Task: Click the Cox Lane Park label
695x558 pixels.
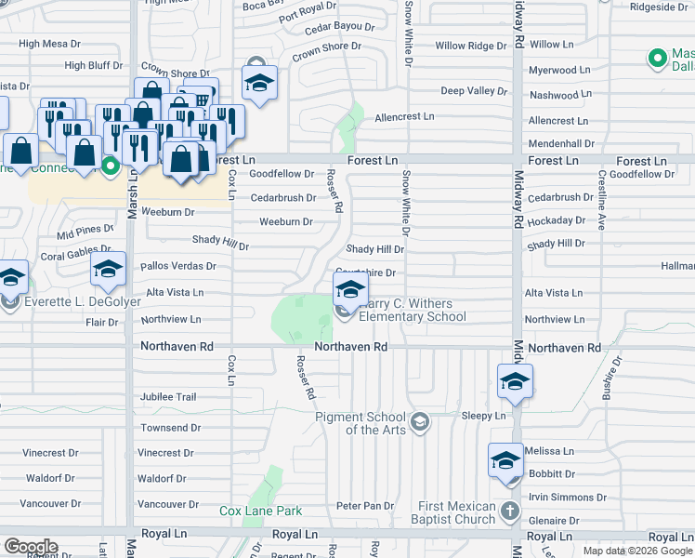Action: point(261,511)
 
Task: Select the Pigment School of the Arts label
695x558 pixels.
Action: point(362,423)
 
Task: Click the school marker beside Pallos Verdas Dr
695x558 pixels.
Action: point(109,270)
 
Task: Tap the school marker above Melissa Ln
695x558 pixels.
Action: point(505,460)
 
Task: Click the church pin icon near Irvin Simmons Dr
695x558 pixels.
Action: point(509,511)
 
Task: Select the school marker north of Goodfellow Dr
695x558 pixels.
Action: point(260,82)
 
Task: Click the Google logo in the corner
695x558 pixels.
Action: point(31,547)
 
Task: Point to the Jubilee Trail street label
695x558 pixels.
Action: point(168,397)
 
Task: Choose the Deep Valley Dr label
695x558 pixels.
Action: point(474,91)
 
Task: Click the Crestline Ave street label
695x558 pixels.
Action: point(602,201)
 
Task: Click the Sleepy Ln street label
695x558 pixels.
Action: point(483,417)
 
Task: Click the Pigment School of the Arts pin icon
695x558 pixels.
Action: point(419,422)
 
